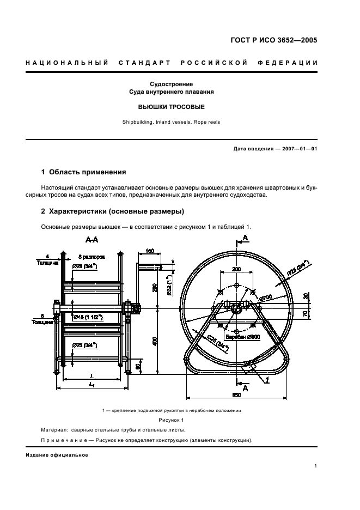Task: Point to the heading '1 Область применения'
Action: pos(84,172)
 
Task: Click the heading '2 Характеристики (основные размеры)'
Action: pos(113,211)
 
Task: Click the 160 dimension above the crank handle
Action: pos(150,251)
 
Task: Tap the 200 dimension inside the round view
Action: pos(236,269)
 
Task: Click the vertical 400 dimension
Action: pos(155,342)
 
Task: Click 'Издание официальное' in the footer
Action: pos(57,455)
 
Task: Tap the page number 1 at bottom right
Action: pos(315,466)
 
